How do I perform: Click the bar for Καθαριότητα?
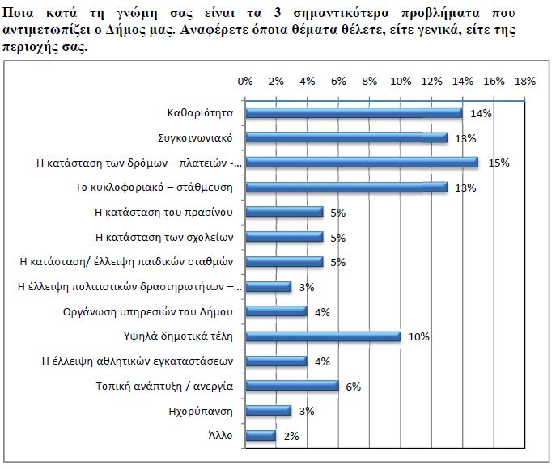click(x=353, y=113)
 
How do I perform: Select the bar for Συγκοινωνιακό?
click(x=346, y=138)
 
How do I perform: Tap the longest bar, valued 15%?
click(x=361, y=163)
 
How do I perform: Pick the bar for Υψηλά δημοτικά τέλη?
click(x=322, y=336)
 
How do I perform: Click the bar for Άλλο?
click(x=260, y=436)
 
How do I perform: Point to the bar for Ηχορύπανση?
click(x=268, y=411)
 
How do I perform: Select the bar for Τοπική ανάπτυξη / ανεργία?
click(x=291, y=387)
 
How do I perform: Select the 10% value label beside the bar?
click(x=418, y=336)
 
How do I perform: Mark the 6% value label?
click(x=353, y=387)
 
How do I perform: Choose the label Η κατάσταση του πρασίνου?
click(x=163, y=213)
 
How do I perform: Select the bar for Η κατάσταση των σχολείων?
click(x=283, y=237)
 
